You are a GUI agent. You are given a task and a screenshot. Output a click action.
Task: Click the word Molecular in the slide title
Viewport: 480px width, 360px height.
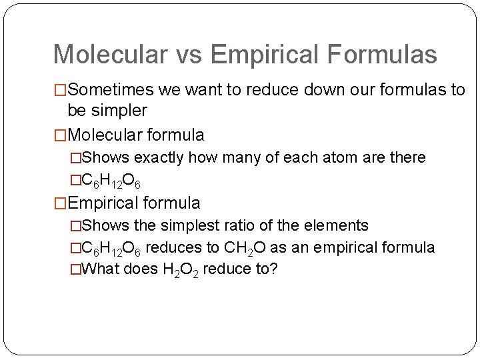107,54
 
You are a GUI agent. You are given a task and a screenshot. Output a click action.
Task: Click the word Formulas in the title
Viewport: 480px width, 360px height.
379,54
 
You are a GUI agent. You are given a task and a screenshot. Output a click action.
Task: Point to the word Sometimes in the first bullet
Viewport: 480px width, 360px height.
111,90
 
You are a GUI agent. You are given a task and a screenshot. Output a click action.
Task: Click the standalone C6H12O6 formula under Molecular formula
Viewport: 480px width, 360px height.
111,180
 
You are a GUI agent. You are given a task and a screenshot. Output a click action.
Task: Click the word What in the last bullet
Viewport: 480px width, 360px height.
101,269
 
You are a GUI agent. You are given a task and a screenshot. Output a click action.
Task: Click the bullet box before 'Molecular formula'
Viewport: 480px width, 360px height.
60,135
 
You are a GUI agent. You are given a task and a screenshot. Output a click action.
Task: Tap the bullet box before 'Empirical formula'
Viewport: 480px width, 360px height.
60,203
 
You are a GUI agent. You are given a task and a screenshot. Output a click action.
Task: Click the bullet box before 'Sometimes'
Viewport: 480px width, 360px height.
60,90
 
